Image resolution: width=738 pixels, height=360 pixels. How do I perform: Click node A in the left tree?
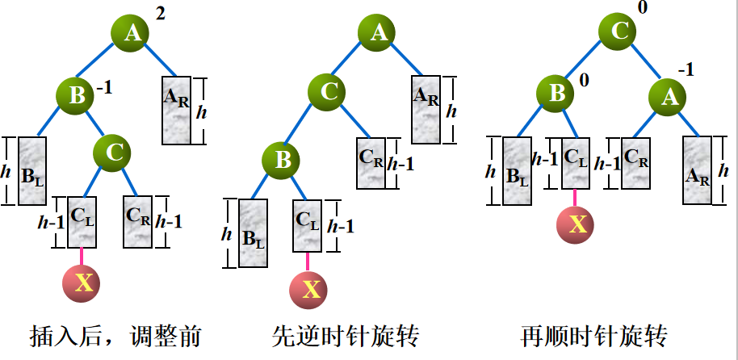[132, 32]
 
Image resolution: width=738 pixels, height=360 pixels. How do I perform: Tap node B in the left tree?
[77, 96]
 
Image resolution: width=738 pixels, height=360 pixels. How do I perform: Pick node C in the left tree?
[114, 150]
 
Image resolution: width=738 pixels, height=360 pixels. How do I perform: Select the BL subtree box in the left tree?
[31, 171]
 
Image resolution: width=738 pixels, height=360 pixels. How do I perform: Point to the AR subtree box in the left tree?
[177, 110]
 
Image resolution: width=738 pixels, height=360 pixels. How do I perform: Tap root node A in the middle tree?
[379, 32]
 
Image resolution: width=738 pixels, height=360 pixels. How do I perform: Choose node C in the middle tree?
[328, 93]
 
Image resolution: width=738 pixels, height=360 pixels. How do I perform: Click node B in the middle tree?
[283, 160]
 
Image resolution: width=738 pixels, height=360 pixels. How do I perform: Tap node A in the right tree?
[669, 98]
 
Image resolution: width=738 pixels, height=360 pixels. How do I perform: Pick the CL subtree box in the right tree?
[575, 162]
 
